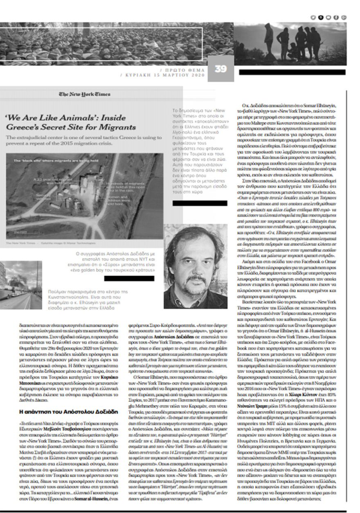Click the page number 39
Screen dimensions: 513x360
[x=220, y=69]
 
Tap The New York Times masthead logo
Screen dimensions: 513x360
[x=84, y=94]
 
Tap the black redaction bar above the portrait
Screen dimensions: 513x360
[x=200, y=203]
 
